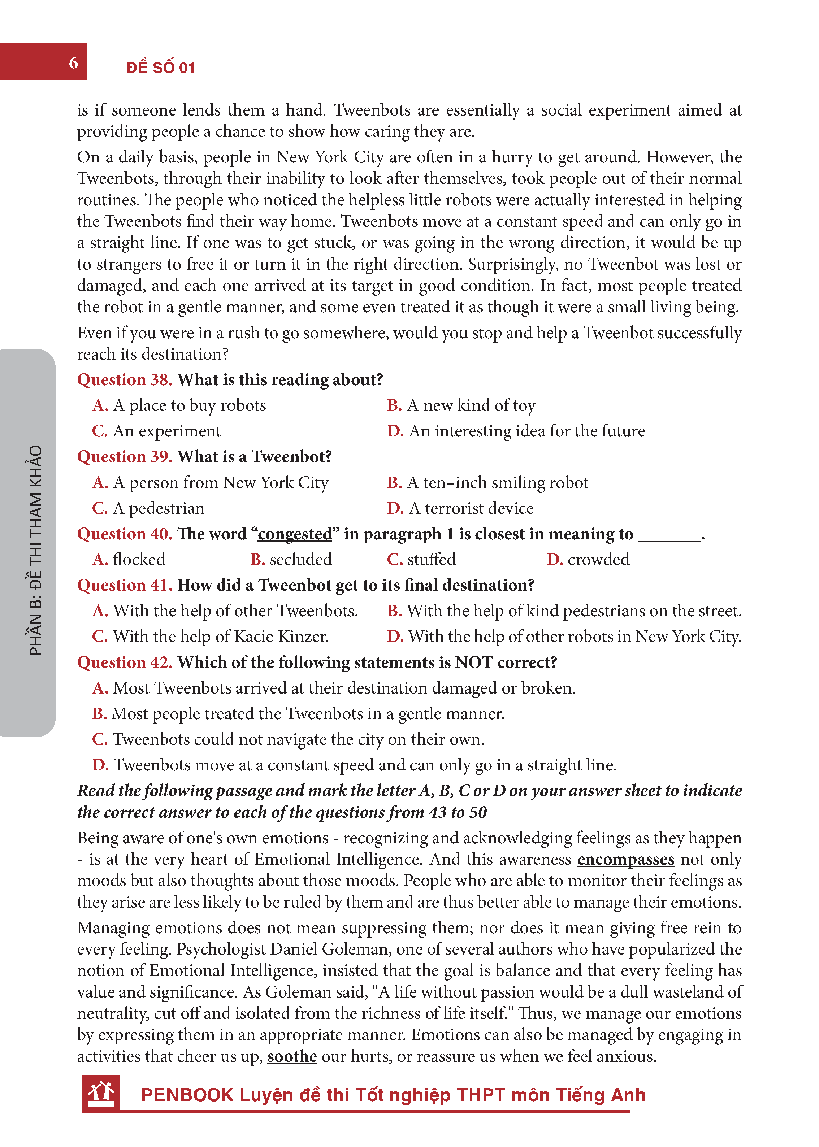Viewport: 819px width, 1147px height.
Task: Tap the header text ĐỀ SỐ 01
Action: point(160,68)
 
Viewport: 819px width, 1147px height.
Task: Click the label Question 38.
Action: point(125,380)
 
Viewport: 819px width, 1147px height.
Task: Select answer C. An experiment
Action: point(156,431)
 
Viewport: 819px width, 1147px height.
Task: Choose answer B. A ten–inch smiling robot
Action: point(487,482)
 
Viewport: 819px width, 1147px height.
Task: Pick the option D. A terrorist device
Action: point(460,508)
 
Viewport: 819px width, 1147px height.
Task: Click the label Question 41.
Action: point(125,585)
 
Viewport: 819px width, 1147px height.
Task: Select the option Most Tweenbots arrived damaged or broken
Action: point(334,688)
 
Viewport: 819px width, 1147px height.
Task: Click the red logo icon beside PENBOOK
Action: point(101,1093)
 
